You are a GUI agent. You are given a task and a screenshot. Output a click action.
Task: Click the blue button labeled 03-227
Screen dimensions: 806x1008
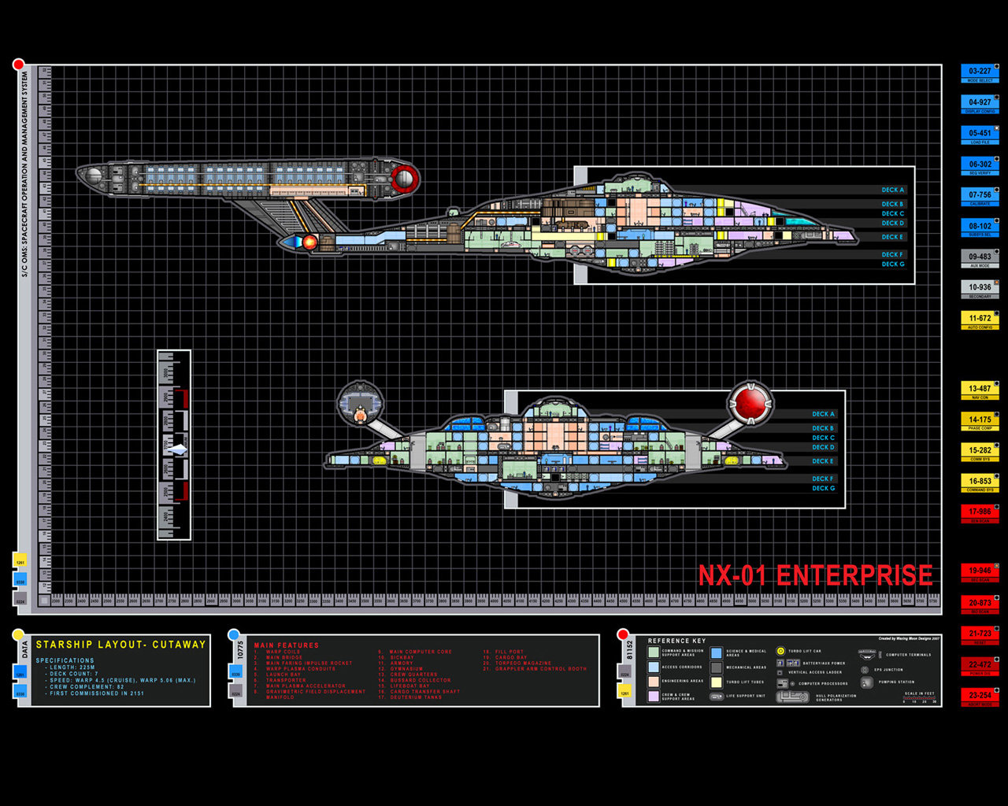[x=980, y=71]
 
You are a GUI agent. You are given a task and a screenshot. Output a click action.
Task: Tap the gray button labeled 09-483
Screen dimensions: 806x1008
[x=980, y=257]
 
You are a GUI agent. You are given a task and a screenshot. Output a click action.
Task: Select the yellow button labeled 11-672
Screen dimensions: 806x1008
[x=980, y=318]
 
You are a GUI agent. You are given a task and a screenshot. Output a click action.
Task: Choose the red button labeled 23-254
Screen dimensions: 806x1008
[x=980, y=695]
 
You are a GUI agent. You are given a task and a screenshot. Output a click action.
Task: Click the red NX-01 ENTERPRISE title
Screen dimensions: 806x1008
[x=815, y=575]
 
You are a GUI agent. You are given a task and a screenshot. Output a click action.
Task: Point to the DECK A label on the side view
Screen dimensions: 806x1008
[x=892, y=190]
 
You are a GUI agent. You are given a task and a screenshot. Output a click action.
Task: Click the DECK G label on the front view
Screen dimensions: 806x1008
[x=823, y=488]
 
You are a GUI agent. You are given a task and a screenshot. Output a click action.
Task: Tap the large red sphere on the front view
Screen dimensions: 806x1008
[x=750, y=402]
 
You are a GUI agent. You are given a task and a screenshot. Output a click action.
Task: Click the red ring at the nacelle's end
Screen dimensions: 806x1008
[x=405, y=178]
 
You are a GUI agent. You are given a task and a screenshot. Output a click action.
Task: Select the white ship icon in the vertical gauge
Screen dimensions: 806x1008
[x=178, y=449]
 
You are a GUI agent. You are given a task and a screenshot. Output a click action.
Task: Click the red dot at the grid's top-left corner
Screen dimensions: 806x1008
[x=18, y=64]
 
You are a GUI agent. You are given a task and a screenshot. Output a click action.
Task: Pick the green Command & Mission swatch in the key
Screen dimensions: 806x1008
[x=653, y=653]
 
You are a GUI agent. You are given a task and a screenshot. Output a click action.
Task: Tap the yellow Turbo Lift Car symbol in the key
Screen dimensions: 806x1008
[x=780, y=651]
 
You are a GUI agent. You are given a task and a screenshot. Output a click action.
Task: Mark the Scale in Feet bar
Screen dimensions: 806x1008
[x=919, y=698]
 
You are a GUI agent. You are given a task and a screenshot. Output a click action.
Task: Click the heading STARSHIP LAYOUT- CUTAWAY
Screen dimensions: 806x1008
[x=120, y=645]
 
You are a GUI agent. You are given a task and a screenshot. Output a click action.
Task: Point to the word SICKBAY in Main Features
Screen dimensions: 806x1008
[x=402, y=657]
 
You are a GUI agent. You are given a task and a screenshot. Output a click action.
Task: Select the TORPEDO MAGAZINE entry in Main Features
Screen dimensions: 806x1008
[x=523, y=663]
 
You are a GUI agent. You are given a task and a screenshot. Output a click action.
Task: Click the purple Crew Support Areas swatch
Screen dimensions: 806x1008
[x=653, y=697]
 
